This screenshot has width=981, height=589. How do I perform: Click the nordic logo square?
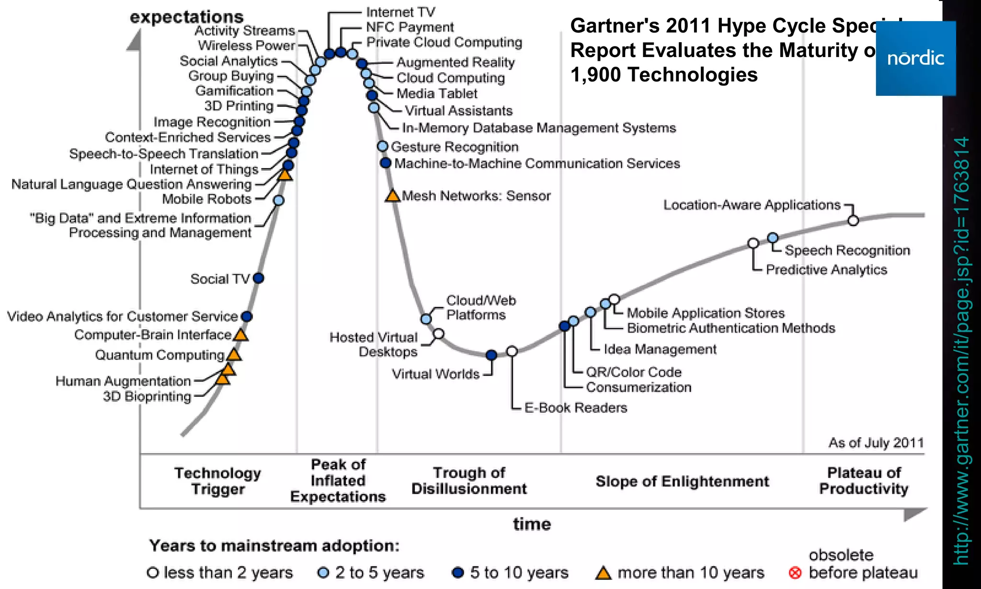pyautogui.click(x=915, y=58)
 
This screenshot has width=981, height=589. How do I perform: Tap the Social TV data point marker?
pyautogui.click(x=258, y=278)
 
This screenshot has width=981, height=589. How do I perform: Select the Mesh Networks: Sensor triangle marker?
pyautogui.click(x=392, y=196)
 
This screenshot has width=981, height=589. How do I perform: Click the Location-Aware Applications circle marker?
pyautogui.click(x=853, y=220)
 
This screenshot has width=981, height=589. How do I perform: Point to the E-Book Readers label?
pyautogui.click(x=575, y=408)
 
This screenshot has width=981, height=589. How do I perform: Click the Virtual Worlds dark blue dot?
pyautogui.click(x=491, y=355)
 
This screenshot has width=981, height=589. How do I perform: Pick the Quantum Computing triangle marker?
pyautogui.click(x=234, y=355)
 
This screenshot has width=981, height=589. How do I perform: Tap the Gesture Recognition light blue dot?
pyautogui.click(x=382, y=146)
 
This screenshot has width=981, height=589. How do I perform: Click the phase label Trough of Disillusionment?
pyautogui.click(x=469, y=481)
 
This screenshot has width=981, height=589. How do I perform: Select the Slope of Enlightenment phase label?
pyautogui.click(x=682, y=481)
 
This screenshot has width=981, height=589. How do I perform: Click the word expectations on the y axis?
pyautogui.click(x=186, y=17)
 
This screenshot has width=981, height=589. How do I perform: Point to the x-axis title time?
pyautogui.click(x=532, y=524)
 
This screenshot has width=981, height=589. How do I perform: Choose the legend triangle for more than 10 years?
pyautogui.click(x=604, y=573)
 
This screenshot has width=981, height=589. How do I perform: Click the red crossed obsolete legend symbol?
pyautogui.click(x=795, y=573)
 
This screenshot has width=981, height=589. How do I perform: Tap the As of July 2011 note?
pyautogui.click(x=876, y=442)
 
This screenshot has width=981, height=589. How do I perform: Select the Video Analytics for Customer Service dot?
pyautogui.click(x=247, y=316)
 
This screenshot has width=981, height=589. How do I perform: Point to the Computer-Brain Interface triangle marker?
pyautogui.click(x=240, y=335)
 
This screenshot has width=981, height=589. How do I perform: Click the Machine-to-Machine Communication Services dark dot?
pyautogui.click(x=386, y=163)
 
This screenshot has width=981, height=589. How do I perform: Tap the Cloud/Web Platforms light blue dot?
pyautogui.click(x=426, y=319)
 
